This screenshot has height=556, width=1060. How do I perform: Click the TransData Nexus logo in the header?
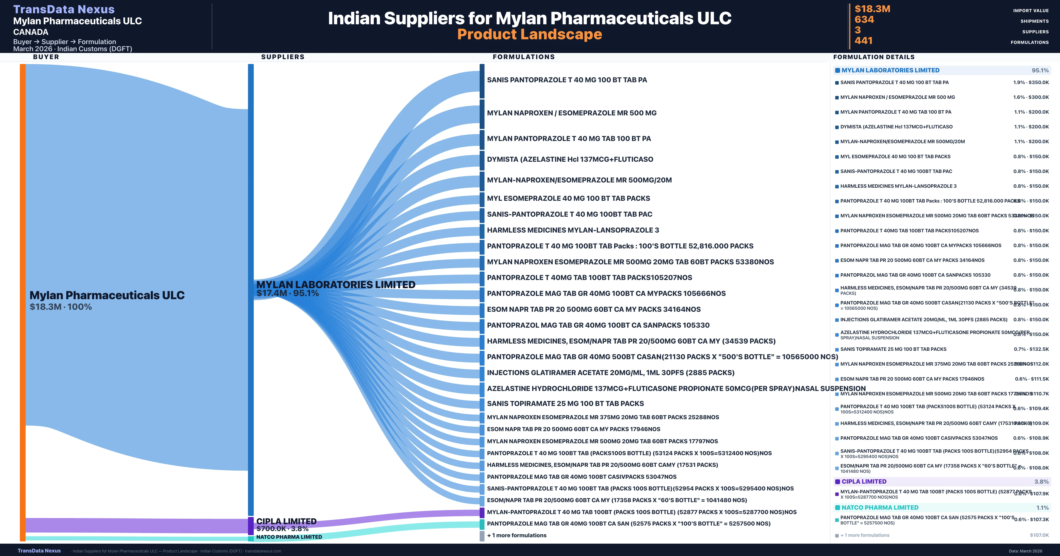pos(64,9)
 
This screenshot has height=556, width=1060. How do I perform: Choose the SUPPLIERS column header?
pos(283,57)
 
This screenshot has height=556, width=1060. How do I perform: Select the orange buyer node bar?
pos(23,302)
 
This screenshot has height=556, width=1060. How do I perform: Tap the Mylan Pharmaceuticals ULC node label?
pos(107,295)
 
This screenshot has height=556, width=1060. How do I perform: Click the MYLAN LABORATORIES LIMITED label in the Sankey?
pos(335,285)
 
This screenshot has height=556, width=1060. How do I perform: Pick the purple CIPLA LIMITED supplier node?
pos(251,526)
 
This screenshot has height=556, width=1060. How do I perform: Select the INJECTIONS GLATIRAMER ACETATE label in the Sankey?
pos(610,373)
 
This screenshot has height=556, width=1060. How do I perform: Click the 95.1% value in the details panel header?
pos(1040,70)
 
